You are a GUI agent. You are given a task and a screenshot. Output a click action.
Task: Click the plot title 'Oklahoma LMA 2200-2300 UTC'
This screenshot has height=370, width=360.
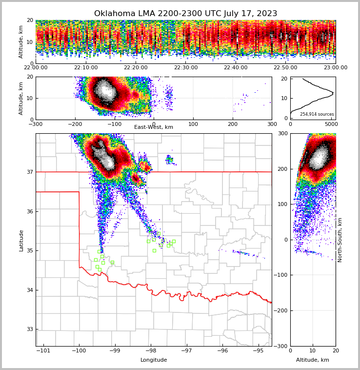pos(185,14)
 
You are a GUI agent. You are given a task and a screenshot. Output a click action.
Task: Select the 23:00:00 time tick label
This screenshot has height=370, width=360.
pos(335,68)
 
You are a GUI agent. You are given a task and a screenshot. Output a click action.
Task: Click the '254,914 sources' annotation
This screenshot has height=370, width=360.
pos(317,114)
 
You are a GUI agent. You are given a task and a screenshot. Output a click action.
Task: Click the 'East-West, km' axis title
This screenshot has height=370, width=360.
pos(154,127)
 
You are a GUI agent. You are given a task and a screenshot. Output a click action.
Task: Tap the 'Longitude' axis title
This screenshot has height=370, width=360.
pos(154,360)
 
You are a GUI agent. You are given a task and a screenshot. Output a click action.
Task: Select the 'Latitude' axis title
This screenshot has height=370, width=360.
pos(21,240)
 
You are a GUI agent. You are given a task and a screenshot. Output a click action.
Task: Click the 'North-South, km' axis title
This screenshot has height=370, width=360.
pos(340,240)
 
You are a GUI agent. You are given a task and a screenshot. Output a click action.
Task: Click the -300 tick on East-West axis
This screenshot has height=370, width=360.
pos(36,124)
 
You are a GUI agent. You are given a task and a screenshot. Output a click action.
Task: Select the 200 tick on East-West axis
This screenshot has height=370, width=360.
pos(232,124)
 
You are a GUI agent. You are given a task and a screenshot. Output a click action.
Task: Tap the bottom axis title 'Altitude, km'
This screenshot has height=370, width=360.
pos(313,360)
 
